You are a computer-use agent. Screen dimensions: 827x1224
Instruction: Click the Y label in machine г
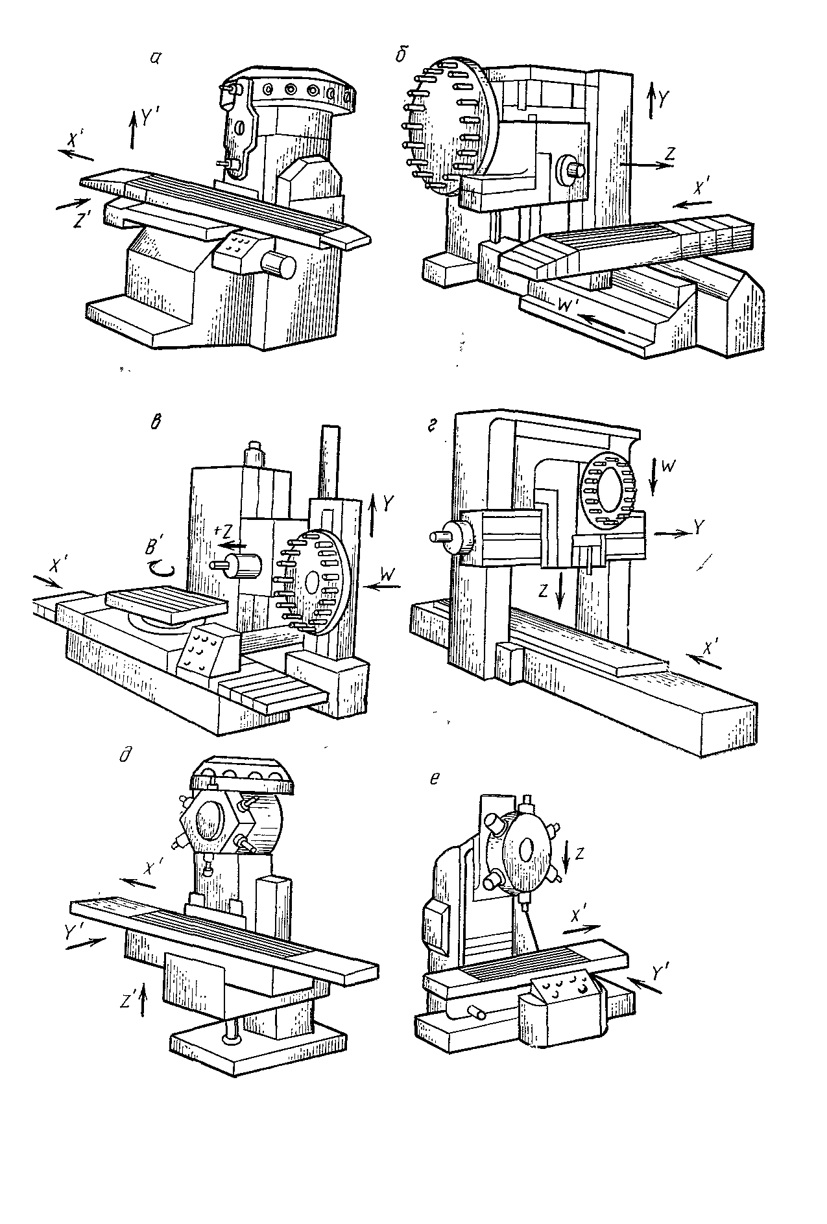[698, 528]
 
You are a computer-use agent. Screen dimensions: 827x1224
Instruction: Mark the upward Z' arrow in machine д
[143, 1002]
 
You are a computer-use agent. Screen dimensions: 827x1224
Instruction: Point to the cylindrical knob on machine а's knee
[278, 266]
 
